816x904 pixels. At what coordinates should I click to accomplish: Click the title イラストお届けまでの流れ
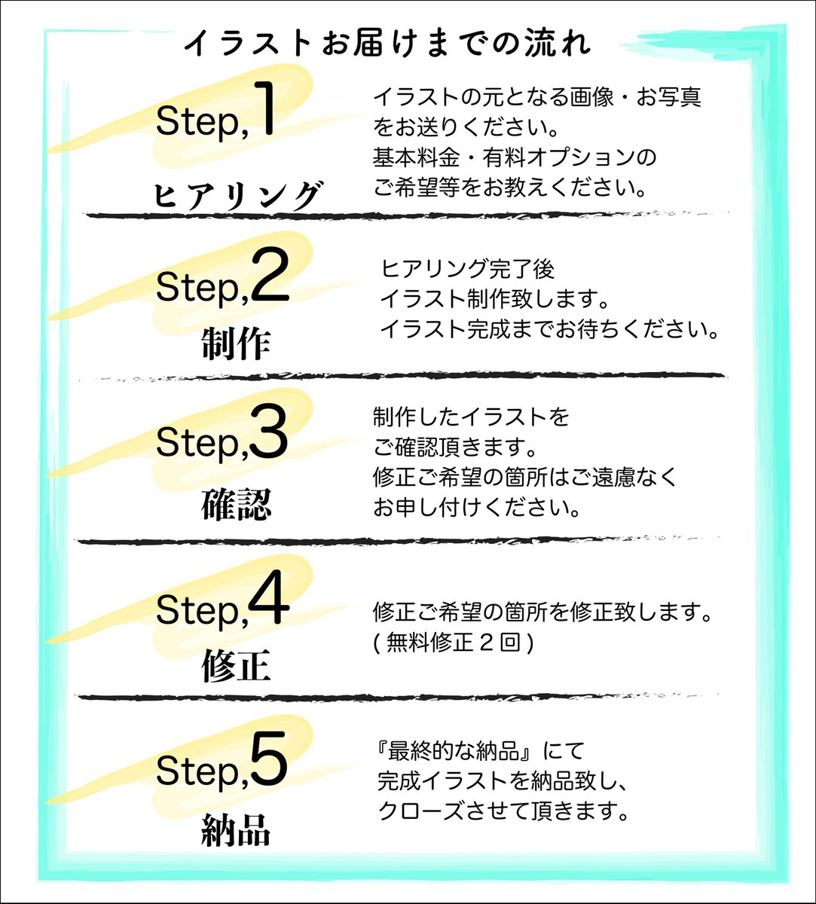point(388,43)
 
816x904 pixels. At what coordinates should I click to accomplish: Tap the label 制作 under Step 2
point(235,344)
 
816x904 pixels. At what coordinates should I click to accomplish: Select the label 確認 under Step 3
point(235,505)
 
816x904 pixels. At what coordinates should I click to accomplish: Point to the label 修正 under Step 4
point(235,666)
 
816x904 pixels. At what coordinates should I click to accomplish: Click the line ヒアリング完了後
point(469,269)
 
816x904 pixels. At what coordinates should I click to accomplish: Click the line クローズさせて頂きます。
point(503,812)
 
